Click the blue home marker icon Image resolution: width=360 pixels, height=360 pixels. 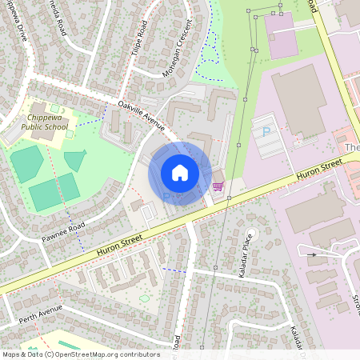coord(180,172)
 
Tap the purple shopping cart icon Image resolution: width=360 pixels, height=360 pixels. coord(218,186)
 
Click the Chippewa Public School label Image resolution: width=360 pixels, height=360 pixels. coord(38,124)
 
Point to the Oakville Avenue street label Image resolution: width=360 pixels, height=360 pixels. coord(141,115)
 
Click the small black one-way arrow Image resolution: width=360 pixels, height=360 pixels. coord(312,255)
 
